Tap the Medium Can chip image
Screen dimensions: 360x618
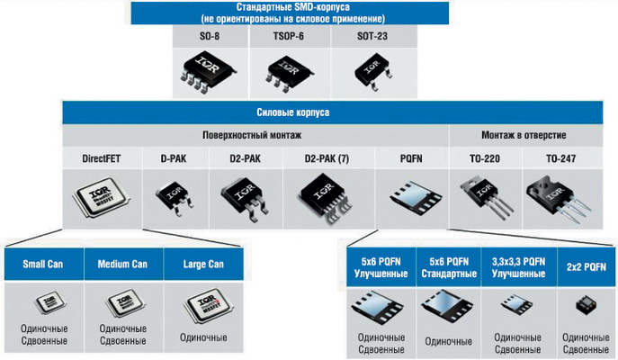point(121,303)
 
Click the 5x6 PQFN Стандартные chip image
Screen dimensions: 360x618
point(447,304)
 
